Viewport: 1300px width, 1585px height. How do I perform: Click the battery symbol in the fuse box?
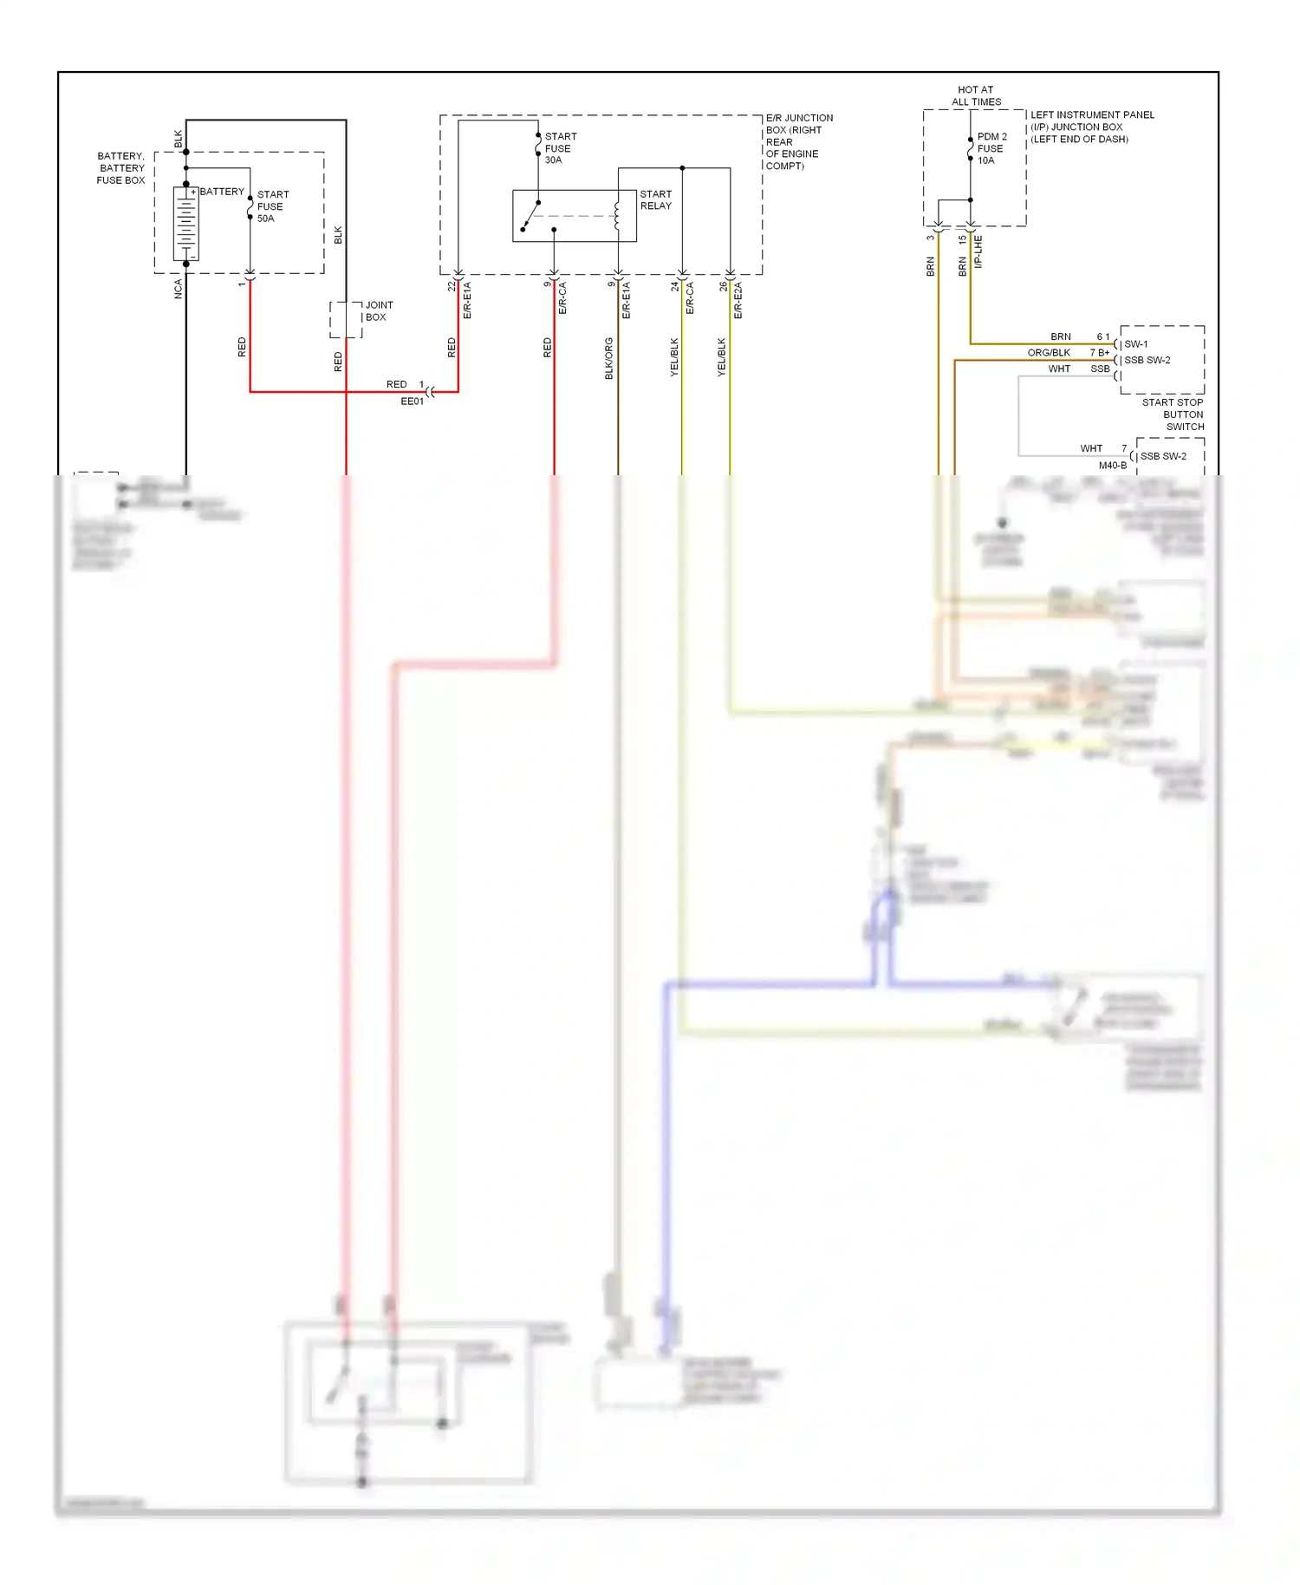click(185, 223)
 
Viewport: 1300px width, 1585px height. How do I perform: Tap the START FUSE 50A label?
click(272, 206)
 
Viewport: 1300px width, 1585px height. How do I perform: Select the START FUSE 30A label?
click(560, 148)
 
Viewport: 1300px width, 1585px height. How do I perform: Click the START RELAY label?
click(655, 200)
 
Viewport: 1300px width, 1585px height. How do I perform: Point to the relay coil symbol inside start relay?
click(617, 217)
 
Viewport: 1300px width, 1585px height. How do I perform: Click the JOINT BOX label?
click(379, 311)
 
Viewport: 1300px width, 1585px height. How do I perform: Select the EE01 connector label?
click(412, 401)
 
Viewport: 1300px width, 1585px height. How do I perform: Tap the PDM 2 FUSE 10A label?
click(991, 148)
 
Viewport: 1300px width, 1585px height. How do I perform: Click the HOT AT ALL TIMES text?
click(976, 95)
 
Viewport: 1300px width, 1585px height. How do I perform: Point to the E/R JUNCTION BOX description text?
click(798, 141)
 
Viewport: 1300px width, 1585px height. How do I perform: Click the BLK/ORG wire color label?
click(609, 358)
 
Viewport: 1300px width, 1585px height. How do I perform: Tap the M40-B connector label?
click(1113, 466)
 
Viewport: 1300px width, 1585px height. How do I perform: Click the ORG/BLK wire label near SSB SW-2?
click(1049, 353)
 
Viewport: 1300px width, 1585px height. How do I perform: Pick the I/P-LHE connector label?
click(978, 251)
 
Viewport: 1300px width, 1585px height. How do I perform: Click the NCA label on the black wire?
click(179, 289)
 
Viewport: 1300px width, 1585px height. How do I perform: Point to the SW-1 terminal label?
click(1135, 344)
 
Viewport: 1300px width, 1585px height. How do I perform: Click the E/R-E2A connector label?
click(738, 300)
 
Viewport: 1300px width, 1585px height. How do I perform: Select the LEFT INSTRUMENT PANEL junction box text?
click(1091, 127)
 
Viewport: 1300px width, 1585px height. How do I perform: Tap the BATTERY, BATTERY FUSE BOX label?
click(121, 168)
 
